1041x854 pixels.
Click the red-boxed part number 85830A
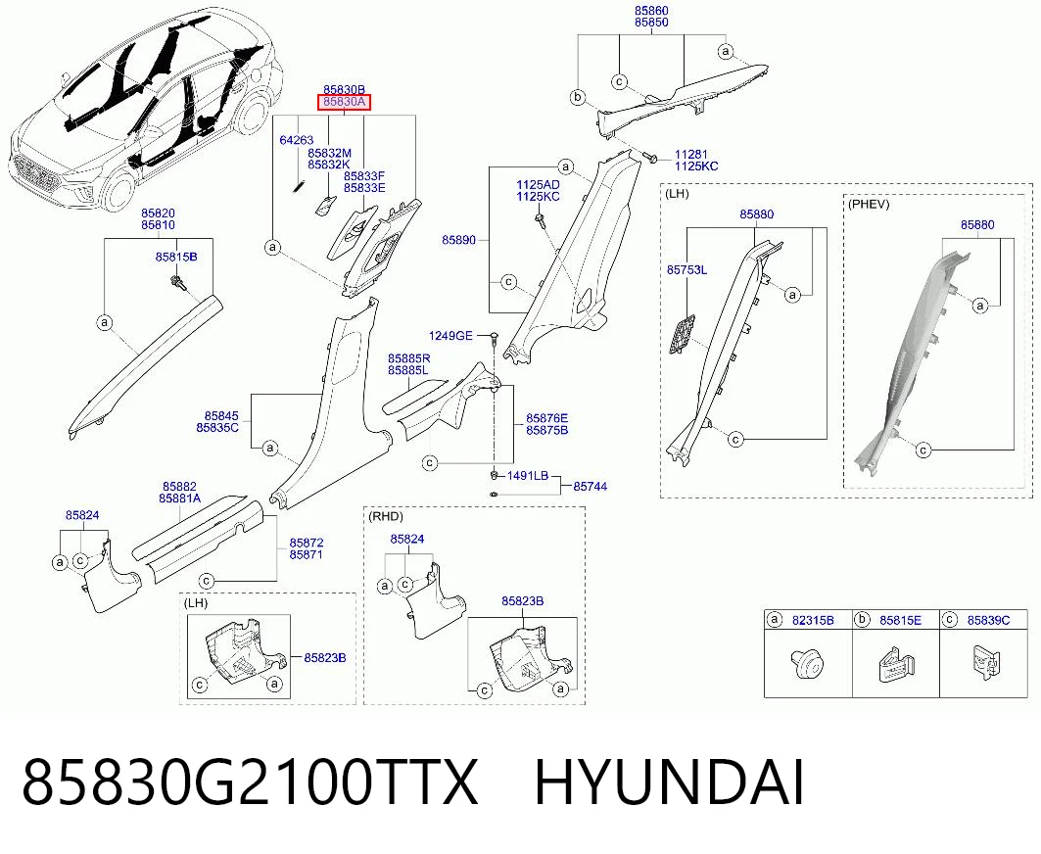pos(344,102)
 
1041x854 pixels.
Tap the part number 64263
pos(296,140)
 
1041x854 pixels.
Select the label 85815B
pos(176,257)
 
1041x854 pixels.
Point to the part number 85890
pos(458,240)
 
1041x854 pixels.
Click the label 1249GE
pos(450,336)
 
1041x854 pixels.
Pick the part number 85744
pos(591,486)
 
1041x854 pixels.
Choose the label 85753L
pos(686,269)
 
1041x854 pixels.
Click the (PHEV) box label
pos(869,204)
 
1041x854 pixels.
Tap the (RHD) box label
pos(386,516)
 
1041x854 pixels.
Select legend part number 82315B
pos(813,620)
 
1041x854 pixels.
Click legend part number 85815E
pos(900,620)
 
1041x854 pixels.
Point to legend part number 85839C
pos(988,620)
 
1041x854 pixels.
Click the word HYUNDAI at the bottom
pos(669,783)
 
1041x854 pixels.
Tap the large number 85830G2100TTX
pos(250,783)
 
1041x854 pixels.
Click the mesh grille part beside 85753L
pos(682,335)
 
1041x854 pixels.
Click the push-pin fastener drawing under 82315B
pos(807,664)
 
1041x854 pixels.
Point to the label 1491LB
pos(528,475)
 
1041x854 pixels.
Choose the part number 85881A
pos(179,498)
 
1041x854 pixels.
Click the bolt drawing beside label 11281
pos(649,157)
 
